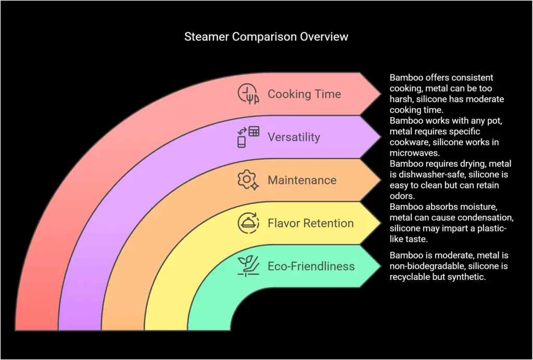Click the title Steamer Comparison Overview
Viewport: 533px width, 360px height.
coord(266,37)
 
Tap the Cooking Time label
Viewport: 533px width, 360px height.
coord(304,94)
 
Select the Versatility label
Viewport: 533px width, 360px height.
coord(294,137)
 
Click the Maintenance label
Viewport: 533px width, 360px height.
coord(302,181)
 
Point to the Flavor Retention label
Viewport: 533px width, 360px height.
coord(310,223)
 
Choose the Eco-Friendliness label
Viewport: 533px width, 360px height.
coord(311,266)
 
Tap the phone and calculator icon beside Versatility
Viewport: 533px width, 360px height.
coord(248,137)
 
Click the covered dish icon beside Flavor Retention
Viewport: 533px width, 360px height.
coord(248,223)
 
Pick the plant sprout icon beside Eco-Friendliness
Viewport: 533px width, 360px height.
coord(248,266)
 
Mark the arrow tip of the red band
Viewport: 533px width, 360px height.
coord(380,94)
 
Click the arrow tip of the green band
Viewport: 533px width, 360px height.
coord(380,266)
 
